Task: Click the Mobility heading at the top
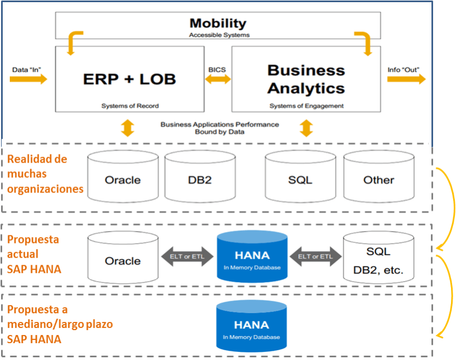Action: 218,23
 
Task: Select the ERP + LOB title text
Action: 129,79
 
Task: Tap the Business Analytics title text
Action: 306,79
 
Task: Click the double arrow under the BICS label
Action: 218,80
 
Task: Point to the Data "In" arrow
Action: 28,79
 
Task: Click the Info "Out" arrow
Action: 406,79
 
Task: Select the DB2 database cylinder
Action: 200,177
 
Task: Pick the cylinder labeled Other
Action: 379,177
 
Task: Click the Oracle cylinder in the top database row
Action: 122,177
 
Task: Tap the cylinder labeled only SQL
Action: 300,177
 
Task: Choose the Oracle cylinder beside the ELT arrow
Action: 123,258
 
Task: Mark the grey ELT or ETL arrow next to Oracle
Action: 187,257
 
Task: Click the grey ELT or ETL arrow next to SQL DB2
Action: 316,257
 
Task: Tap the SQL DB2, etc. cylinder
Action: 379,259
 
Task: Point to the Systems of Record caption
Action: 129,106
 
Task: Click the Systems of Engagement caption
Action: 306,106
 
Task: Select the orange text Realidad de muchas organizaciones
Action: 45,174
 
